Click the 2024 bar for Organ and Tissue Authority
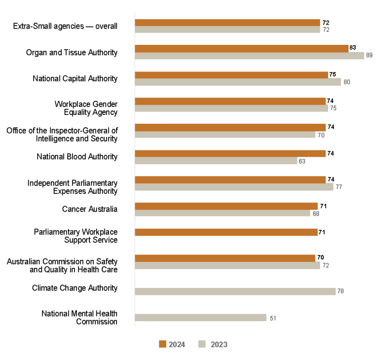[x=242, y=48]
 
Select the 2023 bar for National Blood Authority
[x=216, y=161]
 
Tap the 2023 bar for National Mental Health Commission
[x=200, y=318]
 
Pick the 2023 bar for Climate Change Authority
[x=235, y=291]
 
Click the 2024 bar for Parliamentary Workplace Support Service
[x=226, y=232]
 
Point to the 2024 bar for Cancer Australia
[x=226, y=206]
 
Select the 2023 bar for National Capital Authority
[x=238, y=82]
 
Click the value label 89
[x=369, y=56]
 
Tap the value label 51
[x=273, y=318]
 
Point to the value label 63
[x=302, y=161]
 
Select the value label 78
[x=340, y=291]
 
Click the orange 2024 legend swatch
[x=163, y=344]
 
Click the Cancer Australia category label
[x=89, y=209]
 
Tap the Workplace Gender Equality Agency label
[x=86, y=108]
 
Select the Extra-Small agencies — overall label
[x=65, y=26]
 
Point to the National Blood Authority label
[x=77, y=157]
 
